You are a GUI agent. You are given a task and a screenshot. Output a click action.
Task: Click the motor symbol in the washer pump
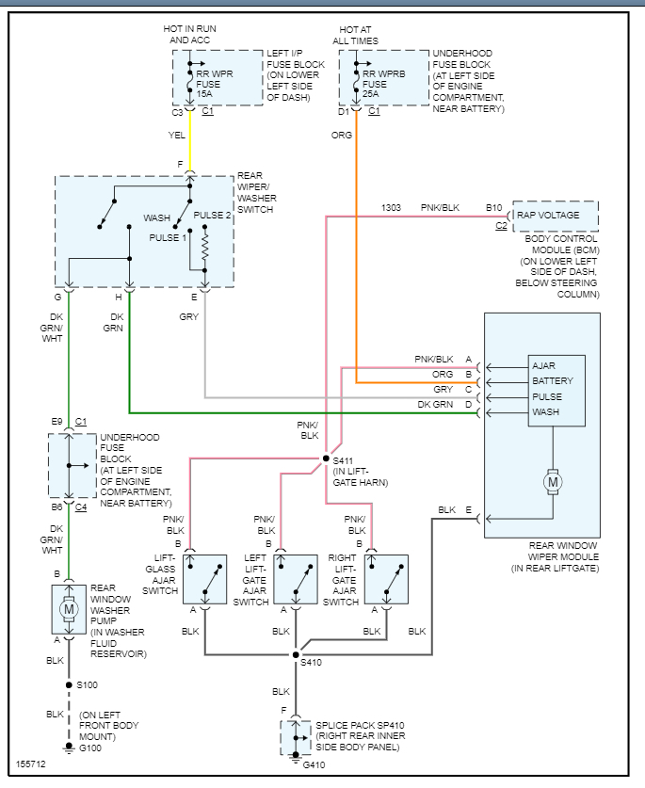coord(68,609)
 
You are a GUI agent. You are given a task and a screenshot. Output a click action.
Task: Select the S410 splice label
coord(310,663)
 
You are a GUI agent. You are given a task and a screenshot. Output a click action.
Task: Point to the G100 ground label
coord(91,748)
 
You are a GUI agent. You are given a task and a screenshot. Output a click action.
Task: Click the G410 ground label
coord(315,765)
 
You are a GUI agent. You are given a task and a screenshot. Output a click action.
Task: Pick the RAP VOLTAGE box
coord(555,216)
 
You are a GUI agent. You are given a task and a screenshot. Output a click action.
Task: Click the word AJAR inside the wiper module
coord(544,365)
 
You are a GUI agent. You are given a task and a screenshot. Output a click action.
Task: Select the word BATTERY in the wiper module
coord(552,381)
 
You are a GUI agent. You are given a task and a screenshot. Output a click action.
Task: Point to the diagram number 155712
coord(30,764)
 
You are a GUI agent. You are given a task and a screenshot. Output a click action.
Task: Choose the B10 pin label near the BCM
coord(494,207)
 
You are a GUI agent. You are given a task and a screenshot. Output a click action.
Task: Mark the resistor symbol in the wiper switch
coord(204,248)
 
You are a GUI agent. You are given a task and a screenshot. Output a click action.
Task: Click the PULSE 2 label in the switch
coord(212,216)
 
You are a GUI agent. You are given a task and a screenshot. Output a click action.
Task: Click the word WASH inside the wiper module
coord(546,412)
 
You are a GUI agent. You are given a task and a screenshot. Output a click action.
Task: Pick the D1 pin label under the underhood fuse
coord(345,112)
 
